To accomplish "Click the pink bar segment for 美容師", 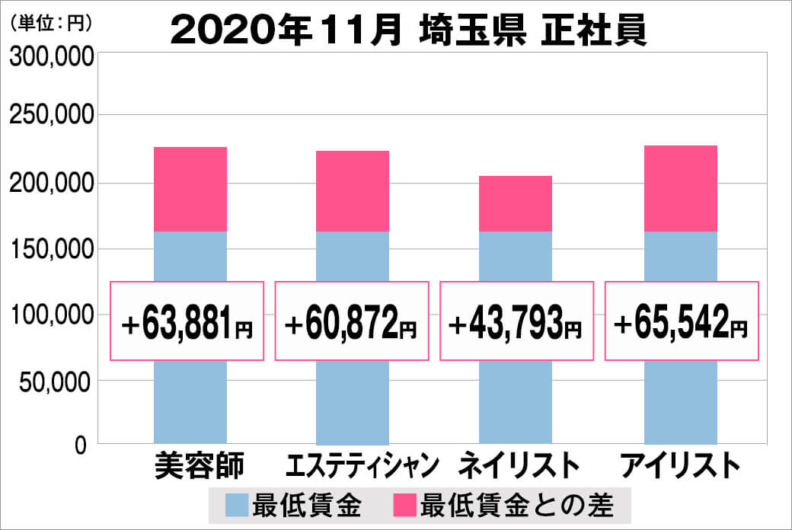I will [190, 189].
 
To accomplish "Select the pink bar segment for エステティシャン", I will [353, 190].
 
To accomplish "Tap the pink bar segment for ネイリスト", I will [516, 203].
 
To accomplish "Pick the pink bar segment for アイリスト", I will [681, 188].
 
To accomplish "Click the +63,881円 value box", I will [187, 321].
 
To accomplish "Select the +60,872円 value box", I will [352, 321].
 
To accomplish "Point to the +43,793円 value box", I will [516, 321].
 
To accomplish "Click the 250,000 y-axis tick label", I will [51, 116].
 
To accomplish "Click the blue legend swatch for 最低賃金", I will [237, 505].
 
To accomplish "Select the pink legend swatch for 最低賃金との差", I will [404, 505].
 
